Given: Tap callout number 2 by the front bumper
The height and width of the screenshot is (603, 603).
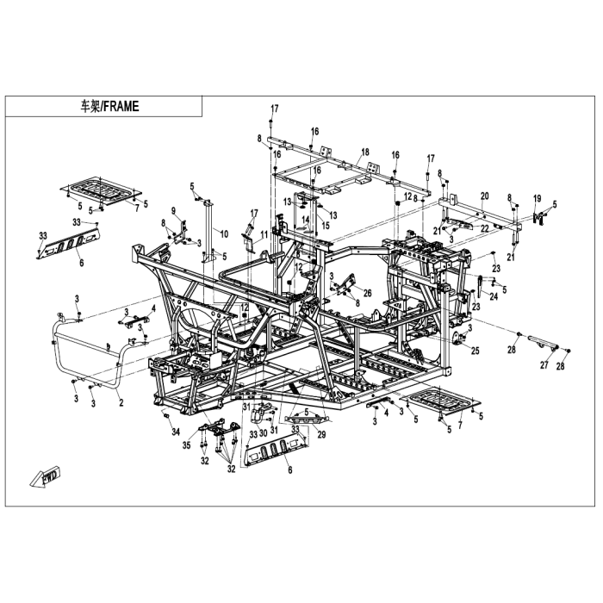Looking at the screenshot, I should [121, 402].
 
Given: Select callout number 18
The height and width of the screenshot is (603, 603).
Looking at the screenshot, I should [365, 151].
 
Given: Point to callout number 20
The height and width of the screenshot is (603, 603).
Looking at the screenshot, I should [484, 196].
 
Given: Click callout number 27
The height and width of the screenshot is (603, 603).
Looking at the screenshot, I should [544, 365].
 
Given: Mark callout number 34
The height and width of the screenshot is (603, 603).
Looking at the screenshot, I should [175, 432].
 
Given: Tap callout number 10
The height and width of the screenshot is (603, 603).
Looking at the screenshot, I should [224, 233].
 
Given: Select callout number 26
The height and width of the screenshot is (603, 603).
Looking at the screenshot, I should [368, 292].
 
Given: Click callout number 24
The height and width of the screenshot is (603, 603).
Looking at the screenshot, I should [494, 297].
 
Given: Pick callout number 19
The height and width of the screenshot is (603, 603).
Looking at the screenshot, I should [537, 198].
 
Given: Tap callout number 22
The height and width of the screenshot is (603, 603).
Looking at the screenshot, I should [485, 227].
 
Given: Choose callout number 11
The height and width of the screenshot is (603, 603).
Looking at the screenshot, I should [264, 236].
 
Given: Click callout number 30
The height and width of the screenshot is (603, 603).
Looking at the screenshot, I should [264, 432].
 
